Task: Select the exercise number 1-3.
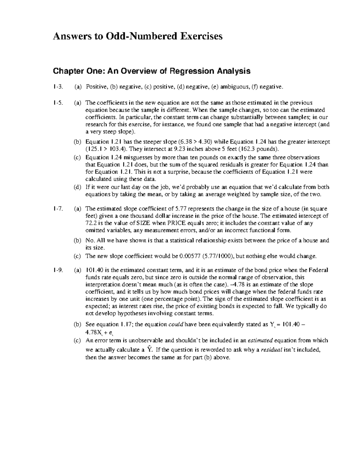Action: pos(58,87)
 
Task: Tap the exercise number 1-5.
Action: pos(58,103)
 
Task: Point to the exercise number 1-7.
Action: pos(58,209)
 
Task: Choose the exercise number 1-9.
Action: pos(58,270)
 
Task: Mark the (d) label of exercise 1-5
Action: pos(77,187)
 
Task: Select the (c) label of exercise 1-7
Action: pos(77,257)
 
